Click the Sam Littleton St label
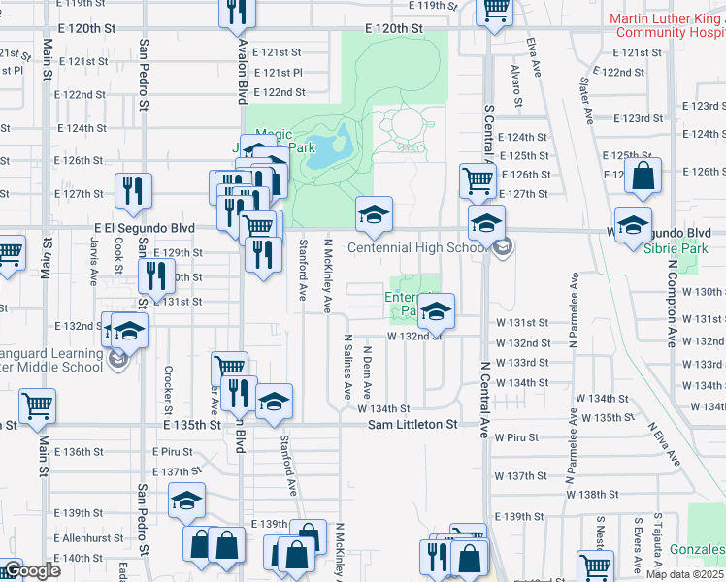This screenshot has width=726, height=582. tap(412, 425)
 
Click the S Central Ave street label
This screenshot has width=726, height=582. tap(488, 135)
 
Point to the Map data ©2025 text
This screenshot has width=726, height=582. tap(685, 574)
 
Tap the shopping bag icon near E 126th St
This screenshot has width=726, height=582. tap(643, 177)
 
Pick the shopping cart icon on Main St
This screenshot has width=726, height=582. tap(38, 405)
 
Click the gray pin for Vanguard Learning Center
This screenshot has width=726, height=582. tap(118, 361)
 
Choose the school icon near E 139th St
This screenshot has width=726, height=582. tap(186, 501)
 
